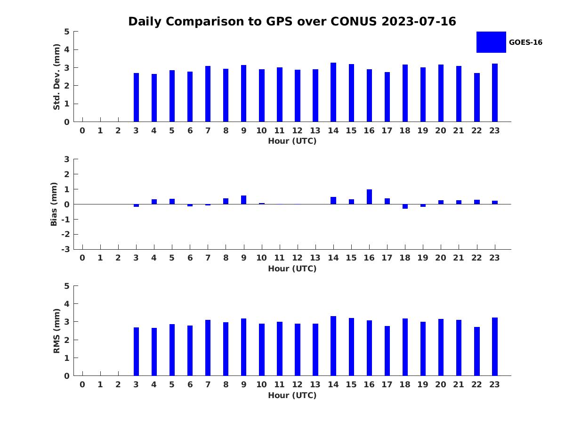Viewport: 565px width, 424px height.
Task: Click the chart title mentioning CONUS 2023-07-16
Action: [292, 22]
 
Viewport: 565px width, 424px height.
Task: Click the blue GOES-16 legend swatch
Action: [491, 42]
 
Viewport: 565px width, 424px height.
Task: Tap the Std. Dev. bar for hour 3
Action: [136, 98]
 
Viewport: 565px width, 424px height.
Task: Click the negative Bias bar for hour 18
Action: [405, 206]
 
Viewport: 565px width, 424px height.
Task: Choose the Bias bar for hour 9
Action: [243, 200]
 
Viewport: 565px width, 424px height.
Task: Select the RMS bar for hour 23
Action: [495, 347]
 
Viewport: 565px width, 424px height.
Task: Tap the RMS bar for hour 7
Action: [208, 348]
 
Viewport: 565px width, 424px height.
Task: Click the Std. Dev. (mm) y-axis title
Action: [56, 77]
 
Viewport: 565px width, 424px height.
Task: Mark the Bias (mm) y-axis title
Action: [54, 204]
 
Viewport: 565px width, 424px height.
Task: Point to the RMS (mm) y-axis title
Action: [56, 331]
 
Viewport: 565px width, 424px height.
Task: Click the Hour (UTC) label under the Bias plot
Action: [292, 269]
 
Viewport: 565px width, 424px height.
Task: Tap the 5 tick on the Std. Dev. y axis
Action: [67, 32]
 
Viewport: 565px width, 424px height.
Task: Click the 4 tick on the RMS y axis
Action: [67, 304]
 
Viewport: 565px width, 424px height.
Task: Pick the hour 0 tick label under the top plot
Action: [82, 130]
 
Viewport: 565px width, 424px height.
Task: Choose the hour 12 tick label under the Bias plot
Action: [297, 258]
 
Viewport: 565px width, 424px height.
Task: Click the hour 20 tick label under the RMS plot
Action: [441, 384]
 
